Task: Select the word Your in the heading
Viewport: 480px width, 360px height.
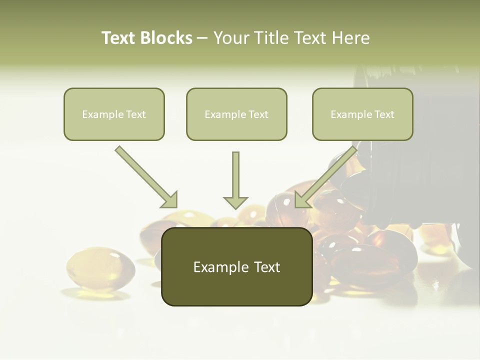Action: [x=231, y=38]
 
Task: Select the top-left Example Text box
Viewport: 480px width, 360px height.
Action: [x=114, y=114]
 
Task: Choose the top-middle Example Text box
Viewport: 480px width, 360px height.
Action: [x=236, y=114]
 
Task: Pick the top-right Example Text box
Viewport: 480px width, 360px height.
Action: [x=362, y=114]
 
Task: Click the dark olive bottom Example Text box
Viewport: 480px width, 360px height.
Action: [x=236, y=267]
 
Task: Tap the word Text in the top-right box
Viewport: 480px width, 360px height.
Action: [x=384, y=114]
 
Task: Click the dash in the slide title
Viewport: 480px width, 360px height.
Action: [x=202, y=38]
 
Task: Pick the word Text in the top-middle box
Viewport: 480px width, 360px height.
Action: [x=258, y=114]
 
